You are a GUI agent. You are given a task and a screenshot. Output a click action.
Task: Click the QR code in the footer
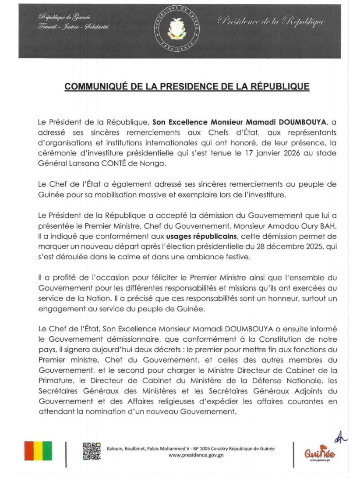[x=92, y=451]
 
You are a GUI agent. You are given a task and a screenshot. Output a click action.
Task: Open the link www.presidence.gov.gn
[x=190, y=455]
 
